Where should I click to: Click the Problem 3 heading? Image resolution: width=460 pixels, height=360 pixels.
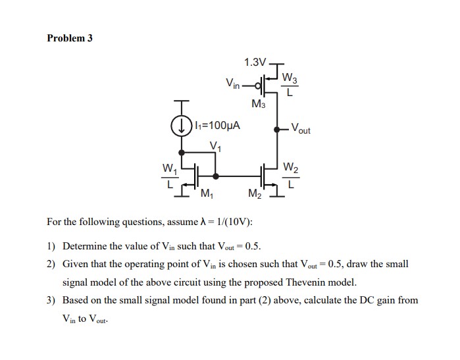[x=70, y=38]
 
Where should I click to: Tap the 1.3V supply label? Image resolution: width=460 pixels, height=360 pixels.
[x=255, y=63]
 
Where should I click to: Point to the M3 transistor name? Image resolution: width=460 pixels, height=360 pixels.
[x=258, y=104]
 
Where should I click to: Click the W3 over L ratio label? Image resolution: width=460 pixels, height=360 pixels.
[x=290, y=85]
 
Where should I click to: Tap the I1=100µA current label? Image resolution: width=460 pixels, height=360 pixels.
[x=216, y=124]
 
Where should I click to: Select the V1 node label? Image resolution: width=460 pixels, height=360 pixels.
[x=215, y=145]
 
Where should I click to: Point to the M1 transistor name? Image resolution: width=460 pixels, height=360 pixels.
[x=205, y=193]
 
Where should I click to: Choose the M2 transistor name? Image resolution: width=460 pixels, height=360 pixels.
[x=255, y=193]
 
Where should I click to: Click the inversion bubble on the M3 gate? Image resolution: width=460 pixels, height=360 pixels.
[x=259, y=84]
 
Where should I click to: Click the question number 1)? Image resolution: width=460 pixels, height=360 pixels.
[x=51, y=247]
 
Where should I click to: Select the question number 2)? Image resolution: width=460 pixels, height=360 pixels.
[x=51, y=264]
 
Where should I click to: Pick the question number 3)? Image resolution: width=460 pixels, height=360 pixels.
[x=51, y=300]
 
